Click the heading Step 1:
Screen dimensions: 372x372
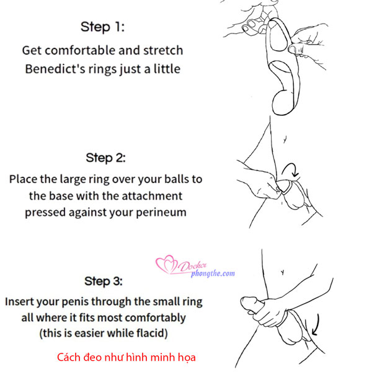(x=102, y=27)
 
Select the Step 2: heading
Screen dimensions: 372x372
(x=105, y=157)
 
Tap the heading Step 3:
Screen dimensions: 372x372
(x=104, y=281)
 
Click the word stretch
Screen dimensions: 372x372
(x=163, y=50)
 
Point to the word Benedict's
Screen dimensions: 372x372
(x=55, y=69)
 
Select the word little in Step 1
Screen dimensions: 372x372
(x=167, y=69)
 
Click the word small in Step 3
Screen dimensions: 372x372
(x=166, y=301)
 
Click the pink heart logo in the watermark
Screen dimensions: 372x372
(x=166, y=264)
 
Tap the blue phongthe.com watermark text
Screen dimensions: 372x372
(x=213, y=273)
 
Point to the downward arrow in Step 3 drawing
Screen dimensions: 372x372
(x=316, y=325)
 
